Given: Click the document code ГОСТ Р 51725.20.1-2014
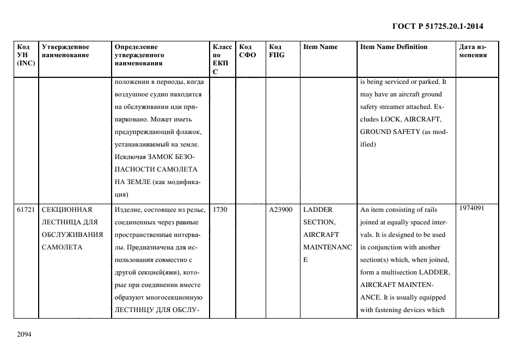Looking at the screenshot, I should coord(437,26).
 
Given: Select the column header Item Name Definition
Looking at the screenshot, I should coord(394,47).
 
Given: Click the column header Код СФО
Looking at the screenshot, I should coord(248,51).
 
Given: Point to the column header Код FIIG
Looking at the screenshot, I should coord(277,51).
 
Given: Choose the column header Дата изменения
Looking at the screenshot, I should coord(473,51).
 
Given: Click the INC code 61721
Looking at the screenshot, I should coord(26,210).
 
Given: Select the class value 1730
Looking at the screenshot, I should coord(220,210).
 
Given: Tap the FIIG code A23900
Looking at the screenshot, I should coord(281,210).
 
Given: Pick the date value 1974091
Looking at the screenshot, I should coord(471,208).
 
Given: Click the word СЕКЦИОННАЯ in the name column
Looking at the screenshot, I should coord(67,210).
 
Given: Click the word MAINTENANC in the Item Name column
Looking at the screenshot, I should coord(325,247).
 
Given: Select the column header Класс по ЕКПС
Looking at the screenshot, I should coord(222,59).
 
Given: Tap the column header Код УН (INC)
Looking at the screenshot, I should coord(26,54).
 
